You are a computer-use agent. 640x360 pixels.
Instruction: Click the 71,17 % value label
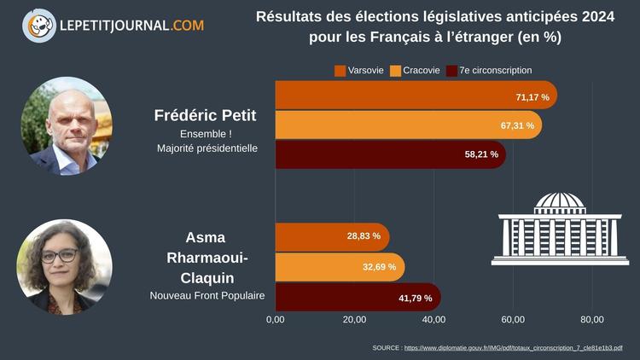coord(532,97)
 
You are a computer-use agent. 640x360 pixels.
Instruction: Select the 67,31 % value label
coord(517,125)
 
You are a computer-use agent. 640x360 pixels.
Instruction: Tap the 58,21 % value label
coord(481,154)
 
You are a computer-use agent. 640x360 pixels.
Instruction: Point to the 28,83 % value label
coord(364,235)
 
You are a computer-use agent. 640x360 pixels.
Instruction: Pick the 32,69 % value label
coord(379,267)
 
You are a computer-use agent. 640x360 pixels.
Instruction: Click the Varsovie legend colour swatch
coord(340,70)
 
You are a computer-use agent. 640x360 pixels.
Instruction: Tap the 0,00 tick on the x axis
coord(275,320)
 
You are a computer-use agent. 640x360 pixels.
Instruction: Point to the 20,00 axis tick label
coord(354,320)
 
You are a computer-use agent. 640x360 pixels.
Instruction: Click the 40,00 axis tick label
coord(433,320)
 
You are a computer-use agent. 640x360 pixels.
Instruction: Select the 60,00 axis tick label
coord(513,320)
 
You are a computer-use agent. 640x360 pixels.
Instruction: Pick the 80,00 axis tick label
coord(592,320)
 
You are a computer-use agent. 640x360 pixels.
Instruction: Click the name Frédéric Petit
coord(205,115)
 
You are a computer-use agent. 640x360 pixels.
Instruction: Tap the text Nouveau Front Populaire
coord(207,296)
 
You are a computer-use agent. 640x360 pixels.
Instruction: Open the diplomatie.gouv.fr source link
coord(513,348)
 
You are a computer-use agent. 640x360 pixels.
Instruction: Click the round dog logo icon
coord(38,26)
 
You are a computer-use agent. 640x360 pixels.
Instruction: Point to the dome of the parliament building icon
coord(560,201)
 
